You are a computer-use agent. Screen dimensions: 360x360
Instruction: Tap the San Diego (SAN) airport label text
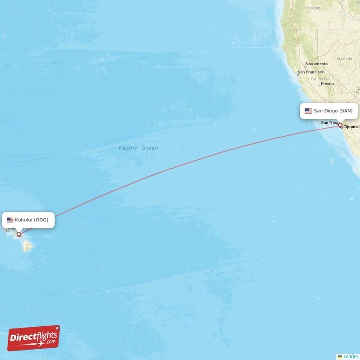(333, 111)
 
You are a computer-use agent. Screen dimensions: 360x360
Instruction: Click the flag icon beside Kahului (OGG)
(10, 220)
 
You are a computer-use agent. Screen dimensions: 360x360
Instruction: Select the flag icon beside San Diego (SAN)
(308, 111)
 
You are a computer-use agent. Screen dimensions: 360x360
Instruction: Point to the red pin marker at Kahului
(19, 234)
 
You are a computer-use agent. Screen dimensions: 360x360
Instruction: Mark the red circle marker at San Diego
(340, 126)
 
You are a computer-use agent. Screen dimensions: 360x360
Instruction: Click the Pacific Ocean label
(138, 148)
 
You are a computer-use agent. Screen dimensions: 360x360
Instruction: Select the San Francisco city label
(311, 72)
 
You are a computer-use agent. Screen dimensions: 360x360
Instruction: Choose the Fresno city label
(327, 83)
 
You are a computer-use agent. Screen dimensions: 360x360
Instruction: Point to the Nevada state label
(345, 58)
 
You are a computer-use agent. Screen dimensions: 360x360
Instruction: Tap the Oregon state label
(313, 8)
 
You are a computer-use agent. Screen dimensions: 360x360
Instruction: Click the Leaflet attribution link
(349, 356)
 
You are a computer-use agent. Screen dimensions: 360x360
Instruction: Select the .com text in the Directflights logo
(50, 341)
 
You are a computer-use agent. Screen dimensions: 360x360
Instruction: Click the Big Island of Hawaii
(27, 246)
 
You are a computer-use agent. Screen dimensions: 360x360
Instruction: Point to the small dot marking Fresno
(319, 85)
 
